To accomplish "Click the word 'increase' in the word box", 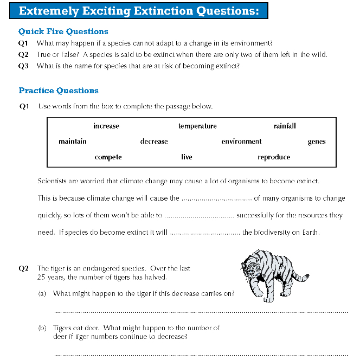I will [106, 126].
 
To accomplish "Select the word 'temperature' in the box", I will [197, 126].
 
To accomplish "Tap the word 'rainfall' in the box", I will [285, 126].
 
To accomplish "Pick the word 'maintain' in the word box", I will [73, 142].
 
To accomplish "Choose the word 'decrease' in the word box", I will [154, 142].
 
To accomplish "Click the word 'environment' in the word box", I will [241, 142].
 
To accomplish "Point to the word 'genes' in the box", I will [317, 142].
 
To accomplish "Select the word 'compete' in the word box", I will [108, 157].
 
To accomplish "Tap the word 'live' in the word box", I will [187, 157].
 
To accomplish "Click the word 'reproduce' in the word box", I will [274, 157].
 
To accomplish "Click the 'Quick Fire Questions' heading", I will [63, 31].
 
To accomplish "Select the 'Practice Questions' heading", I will [59, 91].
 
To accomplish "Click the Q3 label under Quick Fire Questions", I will [23, 66].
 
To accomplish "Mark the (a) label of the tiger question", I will [42, 294].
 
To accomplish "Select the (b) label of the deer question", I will [42, 328].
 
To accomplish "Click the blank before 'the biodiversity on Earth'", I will [205, 233].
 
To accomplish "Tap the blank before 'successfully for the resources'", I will [199, 216].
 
